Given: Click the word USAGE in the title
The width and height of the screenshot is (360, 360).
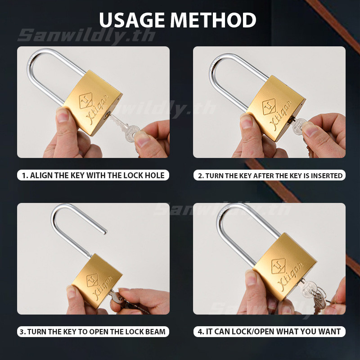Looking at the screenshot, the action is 132,20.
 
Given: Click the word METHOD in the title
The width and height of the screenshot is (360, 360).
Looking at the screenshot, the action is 213,20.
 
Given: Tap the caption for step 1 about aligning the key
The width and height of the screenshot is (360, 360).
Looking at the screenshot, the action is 93,175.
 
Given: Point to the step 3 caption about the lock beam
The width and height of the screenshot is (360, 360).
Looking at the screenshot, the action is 93,332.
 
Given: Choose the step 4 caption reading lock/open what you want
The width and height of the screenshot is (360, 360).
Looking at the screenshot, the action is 269,332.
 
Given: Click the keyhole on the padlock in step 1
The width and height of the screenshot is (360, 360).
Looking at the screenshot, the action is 106,115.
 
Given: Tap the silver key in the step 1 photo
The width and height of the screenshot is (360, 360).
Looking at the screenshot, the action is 125,128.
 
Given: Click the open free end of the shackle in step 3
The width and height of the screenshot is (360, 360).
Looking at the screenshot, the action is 105,232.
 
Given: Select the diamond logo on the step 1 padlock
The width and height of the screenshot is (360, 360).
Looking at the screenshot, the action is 85,100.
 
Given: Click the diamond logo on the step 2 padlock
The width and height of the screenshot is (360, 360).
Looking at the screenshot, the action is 269,107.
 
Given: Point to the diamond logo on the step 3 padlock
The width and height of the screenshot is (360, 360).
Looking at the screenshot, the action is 92,280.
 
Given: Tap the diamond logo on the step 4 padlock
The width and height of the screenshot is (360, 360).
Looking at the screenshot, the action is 278,266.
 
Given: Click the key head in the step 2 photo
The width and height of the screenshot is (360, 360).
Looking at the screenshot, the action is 298,126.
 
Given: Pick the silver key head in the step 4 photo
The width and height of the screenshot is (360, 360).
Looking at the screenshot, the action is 308,289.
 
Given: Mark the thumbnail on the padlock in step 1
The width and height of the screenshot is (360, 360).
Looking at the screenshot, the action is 62,115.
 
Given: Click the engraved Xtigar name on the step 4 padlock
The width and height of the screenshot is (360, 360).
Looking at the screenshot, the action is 291,276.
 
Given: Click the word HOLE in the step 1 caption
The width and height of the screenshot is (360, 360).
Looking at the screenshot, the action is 154,175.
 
